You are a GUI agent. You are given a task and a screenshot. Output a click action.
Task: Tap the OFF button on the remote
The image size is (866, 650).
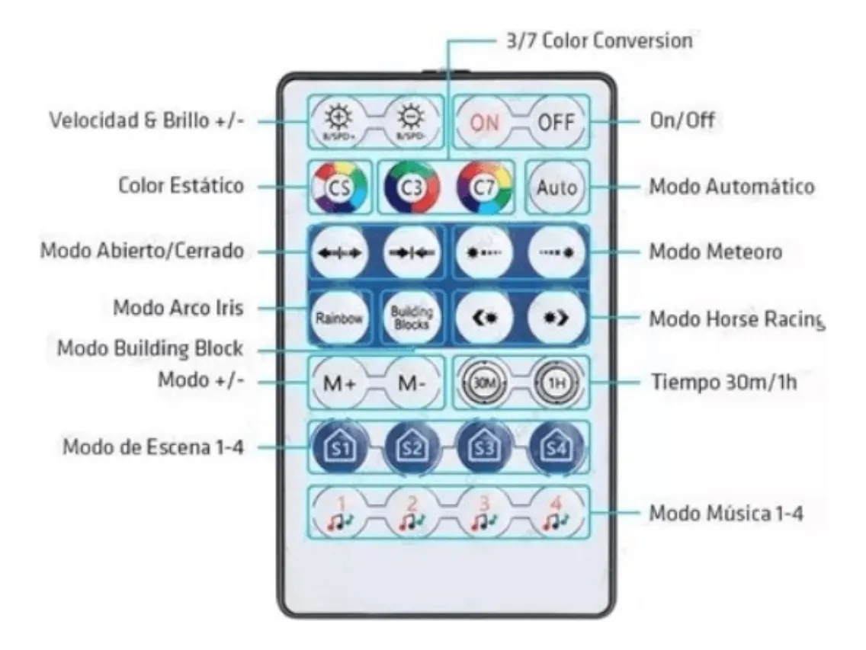coord(557,122)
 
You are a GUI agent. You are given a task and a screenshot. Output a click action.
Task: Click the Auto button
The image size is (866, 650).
coord(557,186)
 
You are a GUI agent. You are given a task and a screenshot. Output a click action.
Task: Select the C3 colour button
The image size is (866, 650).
coord(412,187)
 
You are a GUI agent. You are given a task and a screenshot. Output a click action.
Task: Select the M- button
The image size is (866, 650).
coord(412,383)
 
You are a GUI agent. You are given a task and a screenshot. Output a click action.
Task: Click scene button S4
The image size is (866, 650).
coord(557,447)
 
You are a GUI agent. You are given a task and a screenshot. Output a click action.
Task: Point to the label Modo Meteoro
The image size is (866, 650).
coord(715,252)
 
